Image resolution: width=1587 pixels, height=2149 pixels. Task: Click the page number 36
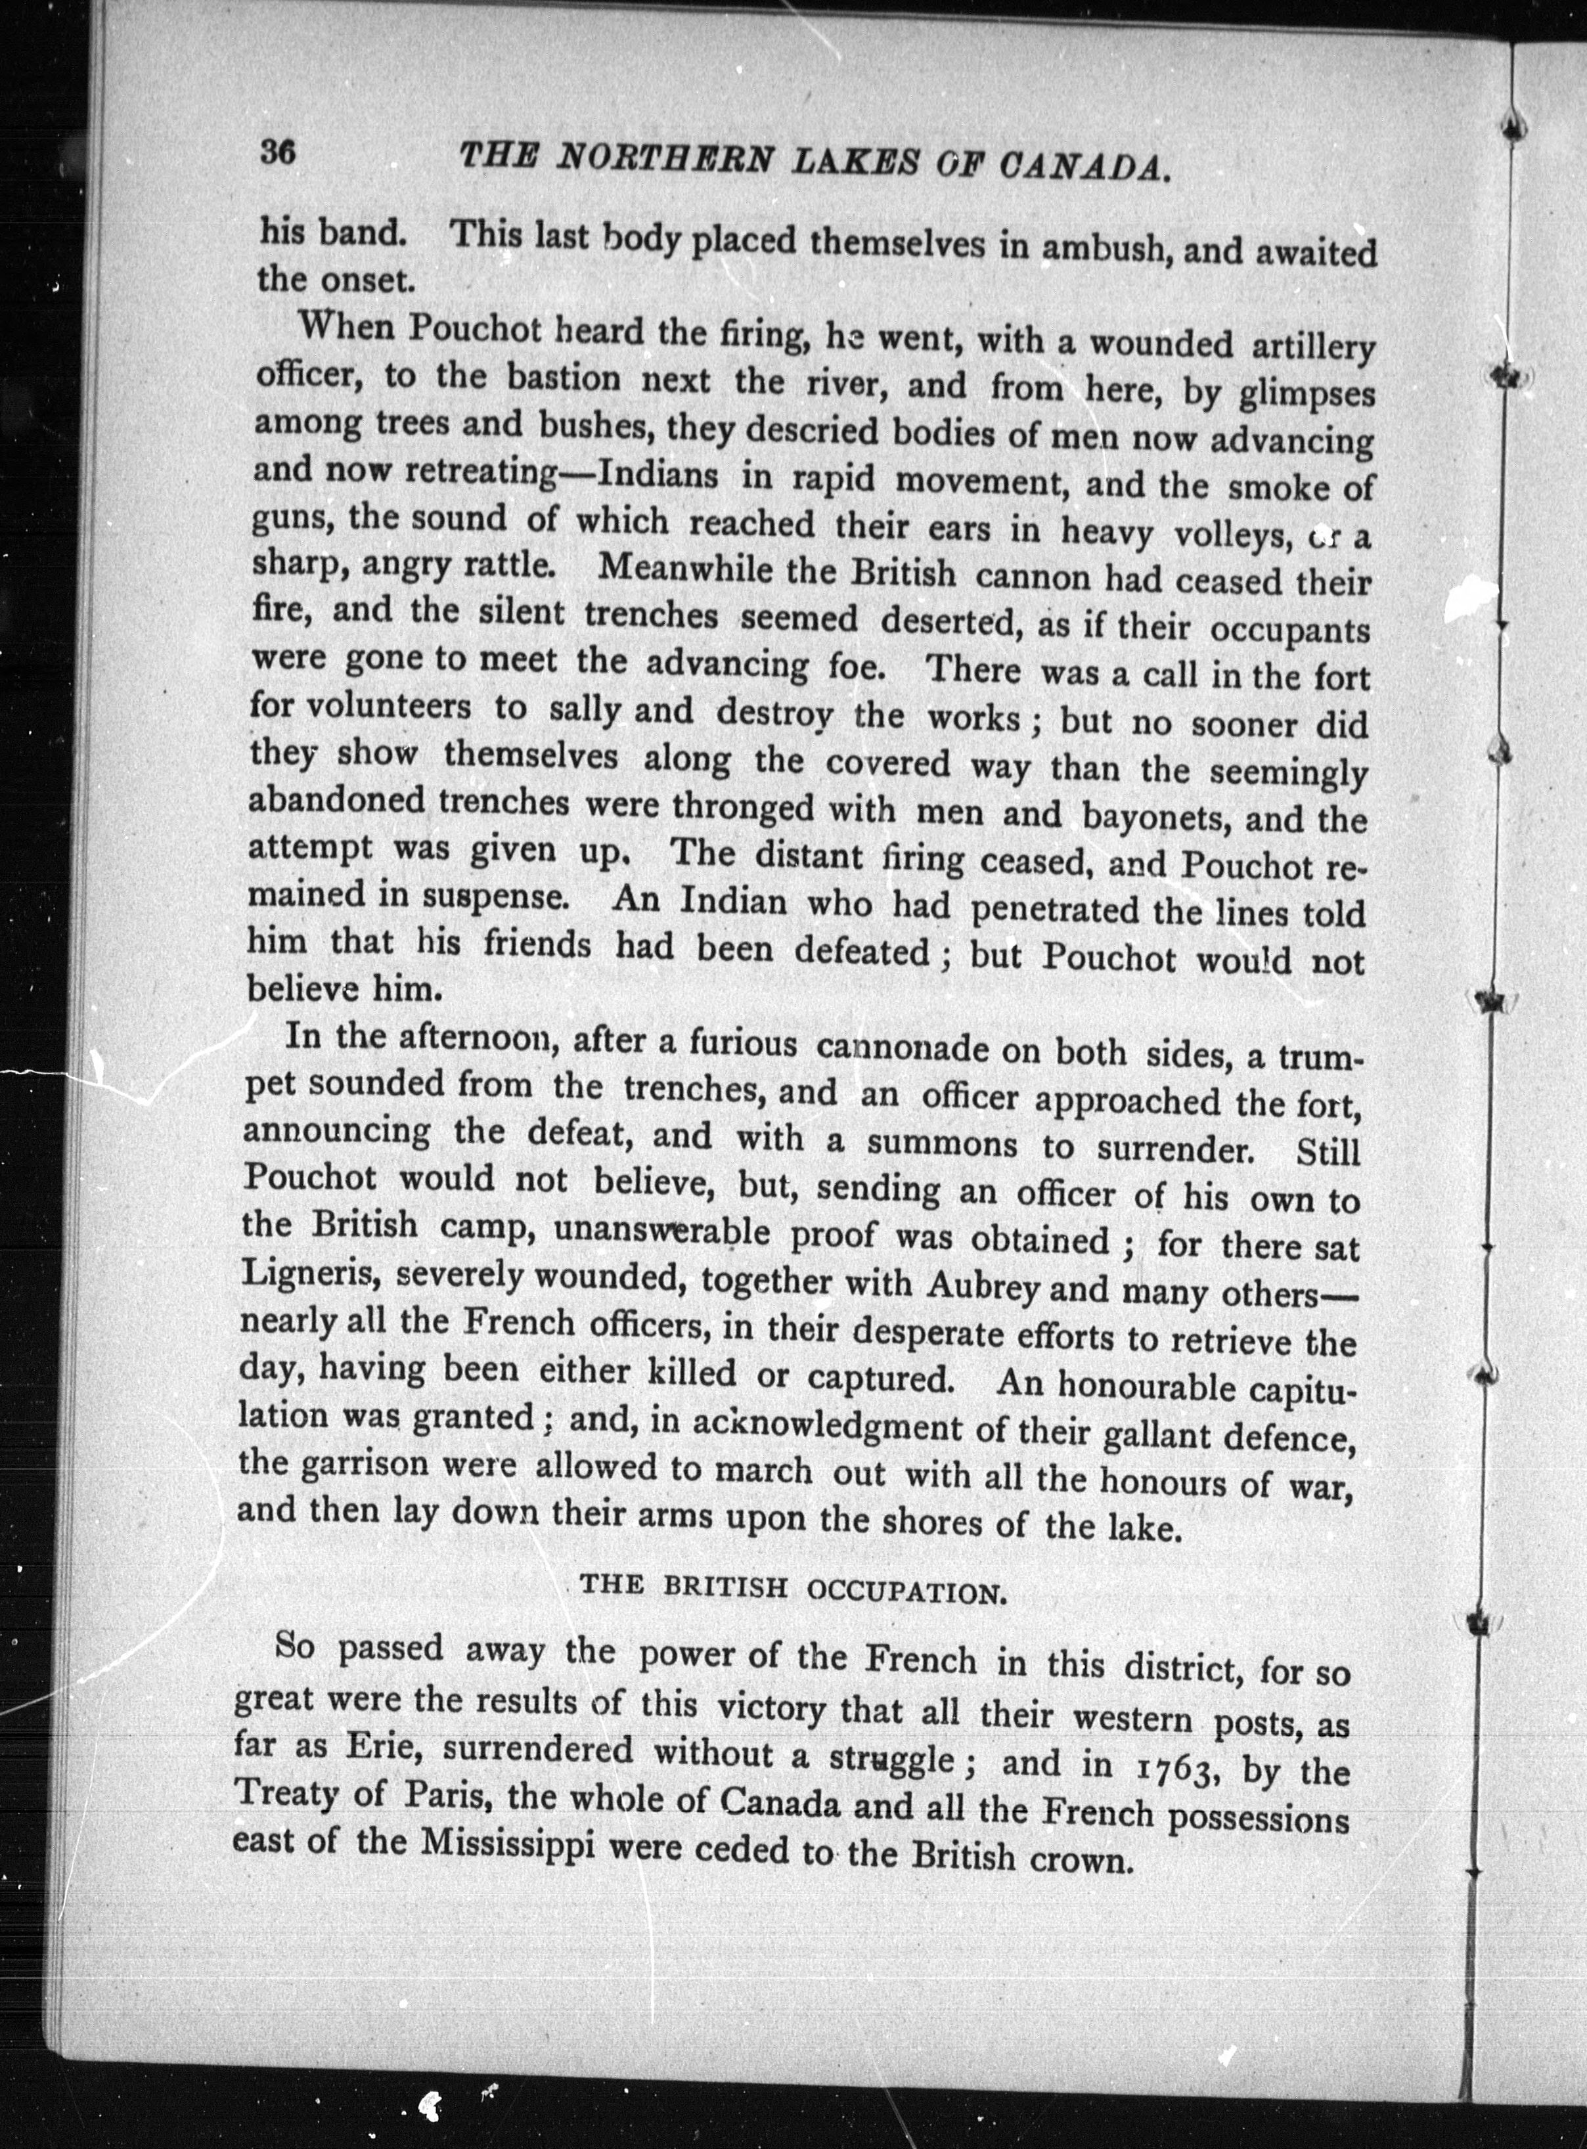pyautogui.click(x=277, y=154)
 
